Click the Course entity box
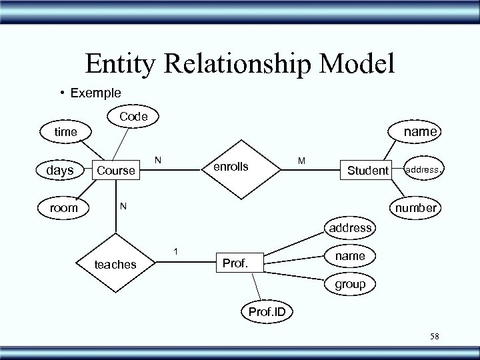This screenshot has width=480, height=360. point(117,171)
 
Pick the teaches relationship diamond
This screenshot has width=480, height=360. point(116,265)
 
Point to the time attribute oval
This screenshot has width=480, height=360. point(65,132)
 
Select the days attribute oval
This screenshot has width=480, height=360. point(60,171)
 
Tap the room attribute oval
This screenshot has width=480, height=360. point(64,207)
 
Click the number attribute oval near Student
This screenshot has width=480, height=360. point(415,207)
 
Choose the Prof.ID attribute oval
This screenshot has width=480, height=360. point(267,311)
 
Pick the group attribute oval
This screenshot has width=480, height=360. point(350,284)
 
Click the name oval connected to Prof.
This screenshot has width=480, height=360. point(350,255)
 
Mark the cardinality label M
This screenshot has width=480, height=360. point(302,160)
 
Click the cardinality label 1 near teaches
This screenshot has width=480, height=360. point(175,251)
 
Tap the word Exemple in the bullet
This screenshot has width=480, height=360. point(93,92)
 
